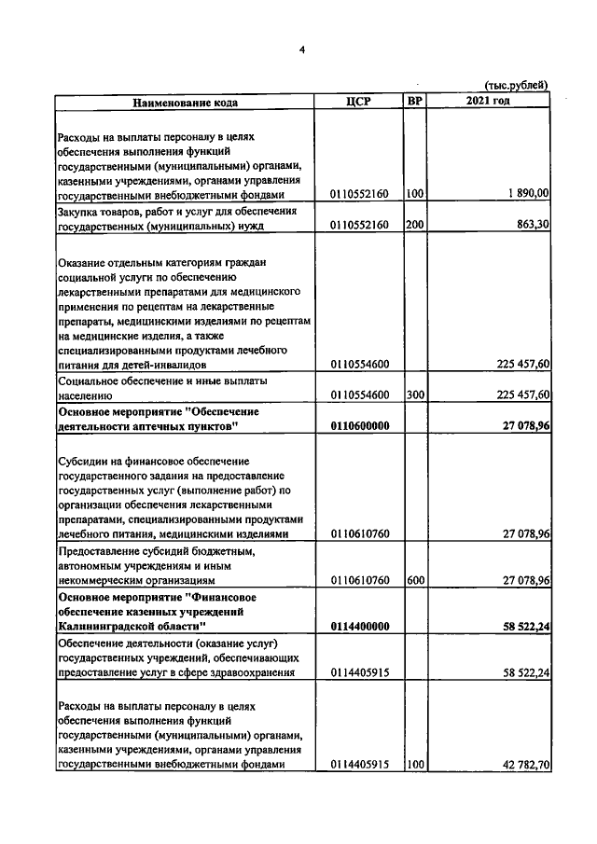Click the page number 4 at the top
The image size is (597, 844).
301,49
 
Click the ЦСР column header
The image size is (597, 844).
358,102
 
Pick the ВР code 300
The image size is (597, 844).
415,395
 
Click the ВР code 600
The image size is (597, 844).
415,579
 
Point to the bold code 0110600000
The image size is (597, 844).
359,426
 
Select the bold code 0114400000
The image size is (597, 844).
359,627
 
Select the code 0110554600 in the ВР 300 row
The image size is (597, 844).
359,395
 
